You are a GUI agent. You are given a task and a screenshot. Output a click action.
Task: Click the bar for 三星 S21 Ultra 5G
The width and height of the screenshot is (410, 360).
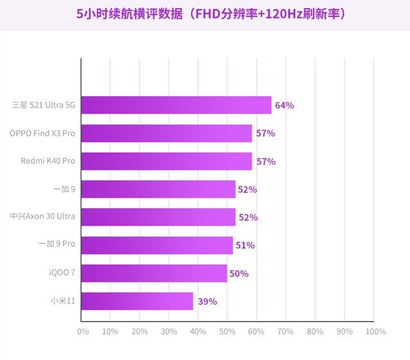(176, 105)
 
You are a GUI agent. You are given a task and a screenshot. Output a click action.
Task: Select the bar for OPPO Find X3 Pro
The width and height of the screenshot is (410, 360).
(167, 133)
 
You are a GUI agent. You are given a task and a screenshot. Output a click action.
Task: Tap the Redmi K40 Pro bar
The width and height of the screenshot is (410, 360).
(167, 161)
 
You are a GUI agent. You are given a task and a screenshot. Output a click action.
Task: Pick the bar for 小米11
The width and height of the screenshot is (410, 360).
(137, 301)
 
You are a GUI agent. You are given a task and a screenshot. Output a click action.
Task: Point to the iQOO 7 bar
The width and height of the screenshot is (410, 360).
(154, 273)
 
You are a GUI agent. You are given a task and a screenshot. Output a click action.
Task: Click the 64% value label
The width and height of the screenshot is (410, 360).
(284, 105)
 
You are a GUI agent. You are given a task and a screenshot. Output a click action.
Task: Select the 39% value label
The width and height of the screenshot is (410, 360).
(208, 301)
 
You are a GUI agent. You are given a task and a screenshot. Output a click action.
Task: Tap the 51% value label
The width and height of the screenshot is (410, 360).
(245, 245)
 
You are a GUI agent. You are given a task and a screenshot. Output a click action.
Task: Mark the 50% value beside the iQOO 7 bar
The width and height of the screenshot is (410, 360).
(239, 274)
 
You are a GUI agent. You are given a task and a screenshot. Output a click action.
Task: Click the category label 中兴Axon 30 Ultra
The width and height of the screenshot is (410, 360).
(43, 217)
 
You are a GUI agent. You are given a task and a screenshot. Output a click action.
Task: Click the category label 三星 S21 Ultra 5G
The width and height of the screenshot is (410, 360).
(44, 105)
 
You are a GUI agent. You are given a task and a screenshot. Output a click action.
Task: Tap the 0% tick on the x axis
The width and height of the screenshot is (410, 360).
(83, 331)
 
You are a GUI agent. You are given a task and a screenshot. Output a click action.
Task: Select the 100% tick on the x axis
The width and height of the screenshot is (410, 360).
(375, 331)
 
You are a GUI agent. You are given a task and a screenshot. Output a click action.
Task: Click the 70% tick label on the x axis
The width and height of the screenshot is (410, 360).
(286, 331)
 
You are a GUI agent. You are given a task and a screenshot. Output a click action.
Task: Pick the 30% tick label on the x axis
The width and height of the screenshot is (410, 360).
(169, 331)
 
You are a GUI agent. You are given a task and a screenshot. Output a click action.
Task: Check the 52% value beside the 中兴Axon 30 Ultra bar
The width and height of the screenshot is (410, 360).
(247, 217)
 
